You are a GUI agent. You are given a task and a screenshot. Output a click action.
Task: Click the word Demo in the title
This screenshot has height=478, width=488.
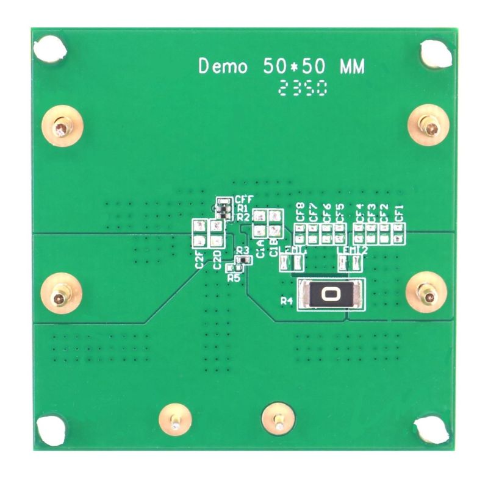(223, 66)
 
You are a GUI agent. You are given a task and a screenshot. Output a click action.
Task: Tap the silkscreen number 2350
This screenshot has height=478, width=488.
(302, 90)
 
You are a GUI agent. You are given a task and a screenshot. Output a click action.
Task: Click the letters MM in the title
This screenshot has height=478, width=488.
(353, 66)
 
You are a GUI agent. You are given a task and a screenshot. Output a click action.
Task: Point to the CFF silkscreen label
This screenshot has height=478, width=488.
(244, 198)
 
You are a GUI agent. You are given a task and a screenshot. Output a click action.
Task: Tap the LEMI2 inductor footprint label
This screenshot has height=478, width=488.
(353, 251)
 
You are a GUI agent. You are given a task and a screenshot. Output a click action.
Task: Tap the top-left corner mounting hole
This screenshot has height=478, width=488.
(49, 50)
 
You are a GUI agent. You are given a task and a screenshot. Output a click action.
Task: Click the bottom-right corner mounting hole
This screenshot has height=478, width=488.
(434, 429)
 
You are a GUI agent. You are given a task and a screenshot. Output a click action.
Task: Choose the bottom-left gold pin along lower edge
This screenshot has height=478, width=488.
(175, 420)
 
